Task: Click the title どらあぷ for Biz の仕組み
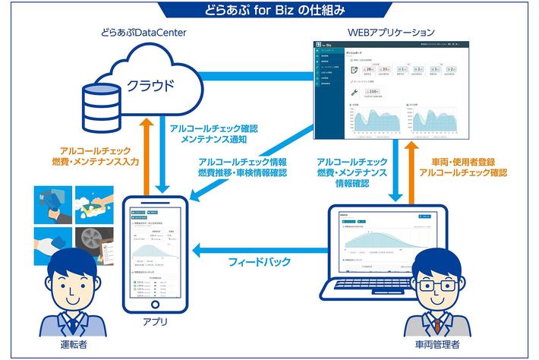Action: tap(269, 10)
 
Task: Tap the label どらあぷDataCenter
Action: tap(143, 33)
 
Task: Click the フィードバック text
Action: tap(259, 263)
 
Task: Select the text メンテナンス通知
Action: tap(213, 140)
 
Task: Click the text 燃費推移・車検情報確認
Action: tap(242, 173)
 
